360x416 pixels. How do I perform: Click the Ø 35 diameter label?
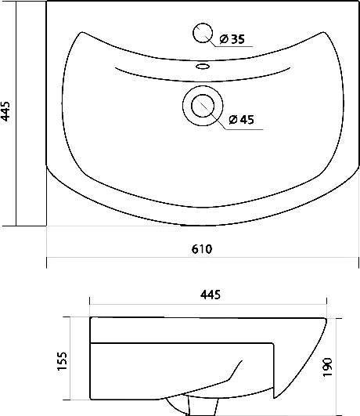[x=232, y=39]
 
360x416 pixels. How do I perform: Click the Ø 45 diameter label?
[x=241, y=120]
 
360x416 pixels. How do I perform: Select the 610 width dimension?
[x=202, y=249]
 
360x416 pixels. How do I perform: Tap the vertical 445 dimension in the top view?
[x=5, y=111]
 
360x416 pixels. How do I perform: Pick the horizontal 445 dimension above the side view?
[x=211, y=295]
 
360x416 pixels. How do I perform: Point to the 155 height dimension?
[x=63, y=361]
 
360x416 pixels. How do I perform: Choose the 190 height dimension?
[x=328, y=367]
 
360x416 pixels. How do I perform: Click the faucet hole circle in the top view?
[x=203, y=33]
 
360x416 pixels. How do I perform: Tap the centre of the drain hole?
[x=203, y=106]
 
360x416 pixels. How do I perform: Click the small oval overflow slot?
[x=203, y=66]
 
